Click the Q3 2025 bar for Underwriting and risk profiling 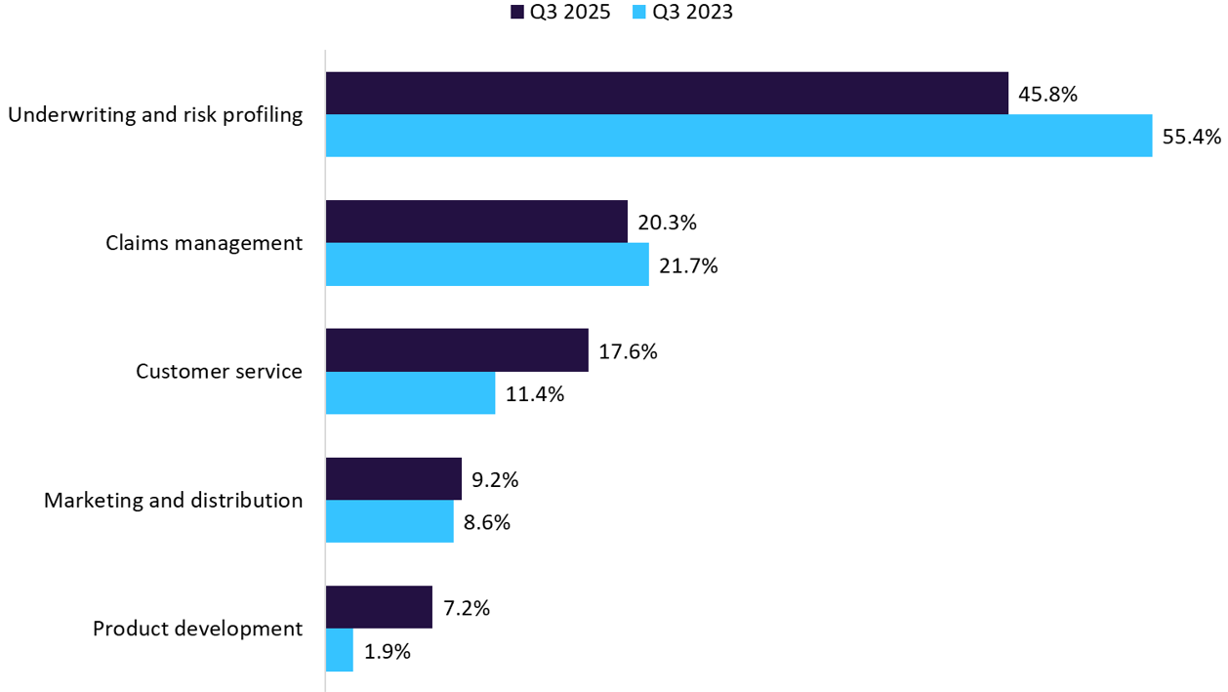coord(667,93)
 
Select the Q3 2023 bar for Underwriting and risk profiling coord(739,136)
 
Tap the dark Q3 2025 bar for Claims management coord(476,222)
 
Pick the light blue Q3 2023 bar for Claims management coord(487,265)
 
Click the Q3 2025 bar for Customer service coord(457,350)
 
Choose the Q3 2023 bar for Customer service coord(410,393)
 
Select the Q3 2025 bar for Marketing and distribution coord(393,479)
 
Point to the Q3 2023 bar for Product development coord(340,651)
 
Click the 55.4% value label coord(1191,137)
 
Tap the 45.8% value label coord(1047,94)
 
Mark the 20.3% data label coord(667,223)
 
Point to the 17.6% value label coord(628,351)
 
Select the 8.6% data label coord(487,523)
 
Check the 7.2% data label coord(466,609)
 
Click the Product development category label coord(197,629)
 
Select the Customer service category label coord(219,371)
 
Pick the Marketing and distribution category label coord(173,500)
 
